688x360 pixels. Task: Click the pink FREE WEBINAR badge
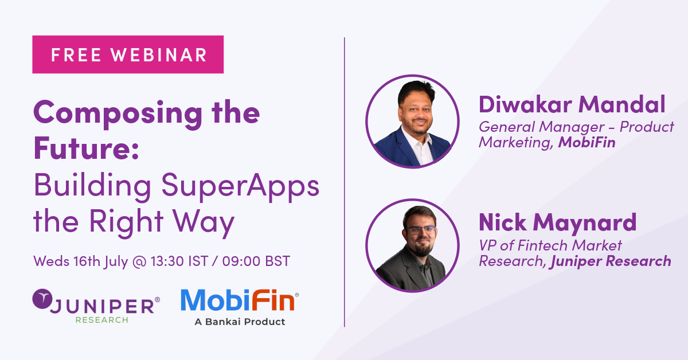tap(128, 54)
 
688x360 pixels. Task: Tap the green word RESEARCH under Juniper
tap(101, 320)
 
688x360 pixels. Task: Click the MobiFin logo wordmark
tap(239, 300)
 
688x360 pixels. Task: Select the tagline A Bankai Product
tap(240, 322)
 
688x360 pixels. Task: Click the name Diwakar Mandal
tap(572, 105)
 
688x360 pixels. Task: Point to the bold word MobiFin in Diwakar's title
tap(587, 142)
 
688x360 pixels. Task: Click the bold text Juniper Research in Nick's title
tap(611, 261)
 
